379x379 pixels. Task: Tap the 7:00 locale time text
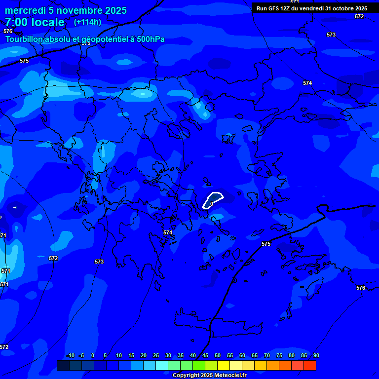pyautogui.click(x=35, y=23)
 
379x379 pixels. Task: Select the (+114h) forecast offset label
pyautogui.click(x=87, y=22)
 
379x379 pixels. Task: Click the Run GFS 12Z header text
pyautogui.click(x=276, y=8)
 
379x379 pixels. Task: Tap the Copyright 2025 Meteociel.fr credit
pyautogui.click(x=209, y=376)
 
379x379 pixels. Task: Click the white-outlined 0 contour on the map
pyautogui.click(x=213, y=200)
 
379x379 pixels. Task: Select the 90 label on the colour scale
pyautogui.click(x=316, y=356)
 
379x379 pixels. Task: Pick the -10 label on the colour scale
pyautogui.click(x=70, y=356)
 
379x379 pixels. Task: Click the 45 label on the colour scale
pyautogui.click(x=205, y=356)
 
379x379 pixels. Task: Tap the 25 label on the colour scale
pyautogui.click(x=155, y=356)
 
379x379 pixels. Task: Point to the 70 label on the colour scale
pyautogui.click(x=266, y=356)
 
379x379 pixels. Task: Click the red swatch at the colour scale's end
pyautogui.click(x=310, y=366)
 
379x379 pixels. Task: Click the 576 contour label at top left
pyautogui.click(x=7, y=31)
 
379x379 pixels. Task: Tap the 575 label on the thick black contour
pyautogui.click(x=266, y=244)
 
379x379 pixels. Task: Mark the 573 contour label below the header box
pyautogui.click(x=331, y=35)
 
